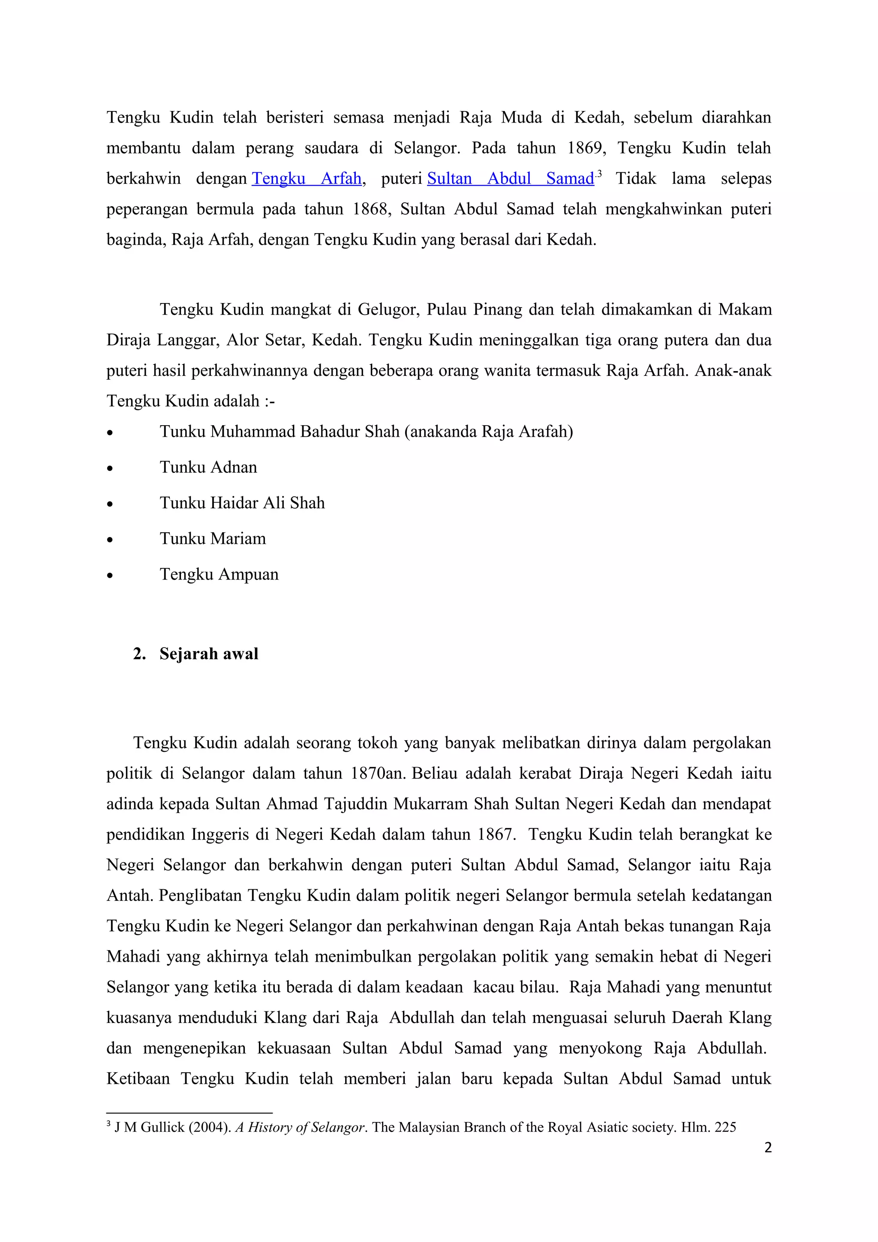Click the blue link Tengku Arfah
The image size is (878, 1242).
[306, 179]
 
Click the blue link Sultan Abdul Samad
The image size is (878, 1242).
[510, 179]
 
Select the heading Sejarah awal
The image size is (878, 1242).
[208, 654]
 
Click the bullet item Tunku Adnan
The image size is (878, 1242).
[208, 468]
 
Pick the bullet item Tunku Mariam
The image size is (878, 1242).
[213, 539]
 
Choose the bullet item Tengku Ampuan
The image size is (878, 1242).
[219, 574]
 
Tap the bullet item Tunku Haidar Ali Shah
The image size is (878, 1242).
[242, 503]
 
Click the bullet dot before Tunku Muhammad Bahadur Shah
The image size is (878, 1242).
[110, 433]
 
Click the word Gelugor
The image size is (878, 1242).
[388, 310]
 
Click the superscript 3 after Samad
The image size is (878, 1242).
[599, 174]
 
